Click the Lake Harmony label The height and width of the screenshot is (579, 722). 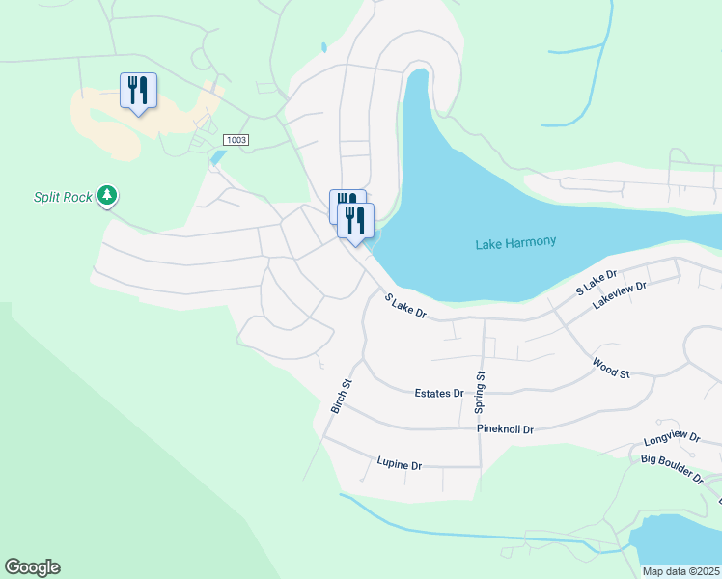[515, 243]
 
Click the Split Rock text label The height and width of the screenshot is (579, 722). [63, 197]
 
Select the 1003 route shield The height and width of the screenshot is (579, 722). [236, 140]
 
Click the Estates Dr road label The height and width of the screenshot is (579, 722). [439, 394]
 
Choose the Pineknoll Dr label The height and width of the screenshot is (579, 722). [505, 427]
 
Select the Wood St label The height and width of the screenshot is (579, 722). [611, 368]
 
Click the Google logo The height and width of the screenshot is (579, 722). [32, 567]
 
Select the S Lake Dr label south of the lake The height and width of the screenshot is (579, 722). [405, 307]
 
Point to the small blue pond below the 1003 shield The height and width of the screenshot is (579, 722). [217, 156]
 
